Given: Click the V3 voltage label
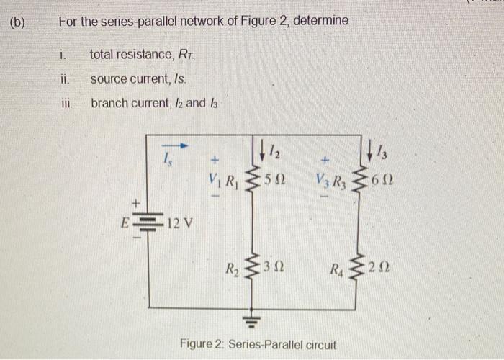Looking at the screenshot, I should [321, 178].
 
